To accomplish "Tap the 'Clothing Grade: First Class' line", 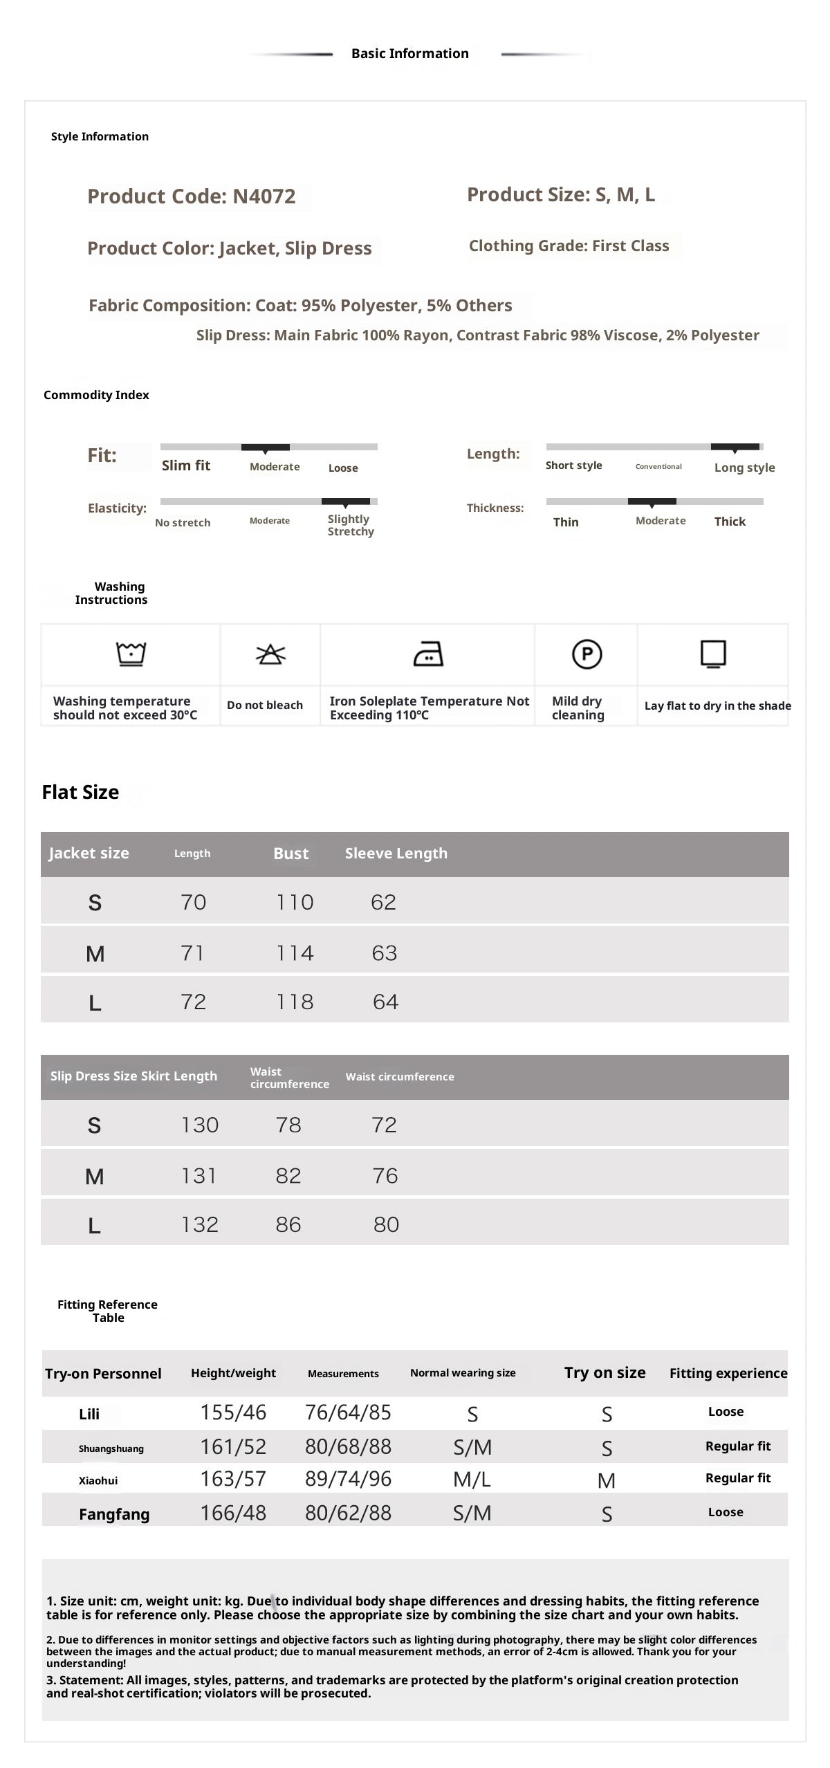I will pyautogui.click(x=569, y=246).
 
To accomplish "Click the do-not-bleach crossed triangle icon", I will pyautogui.click(x=270, y=654).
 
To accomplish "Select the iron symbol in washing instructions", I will pyautogui.click(x=428, y=654).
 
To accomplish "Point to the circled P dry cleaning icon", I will pyautogui.click(x=587, y=654).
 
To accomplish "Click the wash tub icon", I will pyautogui.click(x=131, y=653).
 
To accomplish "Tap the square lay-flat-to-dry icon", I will pyautogui.click(x=713, y=654).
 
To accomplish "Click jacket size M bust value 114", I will pyautogui.click(x=295, y=953).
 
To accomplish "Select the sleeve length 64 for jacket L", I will pyautogui.click(x=385, y=1002).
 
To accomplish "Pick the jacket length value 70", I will pyautogui.click(x=193, y=902).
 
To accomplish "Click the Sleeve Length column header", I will pyautogui.click(x=396, y=854).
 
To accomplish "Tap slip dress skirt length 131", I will pyautogui.click(x=199, y=1176).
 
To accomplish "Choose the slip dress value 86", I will pyautogui.click(x=288, y=1224).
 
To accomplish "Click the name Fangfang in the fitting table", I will pyautogui.click(x=114, y=1514).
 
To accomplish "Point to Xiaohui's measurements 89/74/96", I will pyautogui.click(x=348, y=1479).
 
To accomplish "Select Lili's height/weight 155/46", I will pyautogui.click(x=233, y=1412).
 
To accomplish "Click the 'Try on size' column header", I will pyautogui.click(x=605, y=1373).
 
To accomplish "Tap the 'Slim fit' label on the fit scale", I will pyautogui.click(x=186, y=466).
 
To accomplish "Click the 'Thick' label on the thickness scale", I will pyautogui.click(x=730, y=522).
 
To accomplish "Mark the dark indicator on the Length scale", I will pyautogui.click(x=735, y=448).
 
